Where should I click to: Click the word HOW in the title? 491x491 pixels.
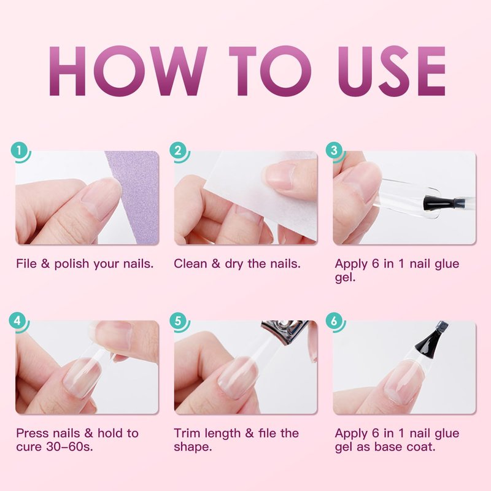tap(128, 71)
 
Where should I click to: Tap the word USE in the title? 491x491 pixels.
tap(392, 71)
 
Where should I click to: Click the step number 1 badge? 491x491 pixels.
tap(19, 151)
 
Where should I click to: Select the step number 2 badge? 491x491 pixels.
tap(178, 151)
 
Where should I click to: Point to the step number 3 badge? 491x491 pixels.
tap(334, 150)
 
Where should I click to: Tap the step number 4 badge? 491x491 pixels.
tap(18, 321)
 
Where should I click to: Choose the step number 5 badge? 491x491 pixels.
tap(178, 321)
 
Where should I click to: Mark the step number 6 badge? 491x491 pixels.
tap(334, 321)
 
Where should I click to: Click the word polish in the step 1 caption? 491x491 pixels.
tap(72, 265)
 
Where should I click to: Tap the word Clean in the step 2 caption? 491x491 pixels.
tap(190, 264)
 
